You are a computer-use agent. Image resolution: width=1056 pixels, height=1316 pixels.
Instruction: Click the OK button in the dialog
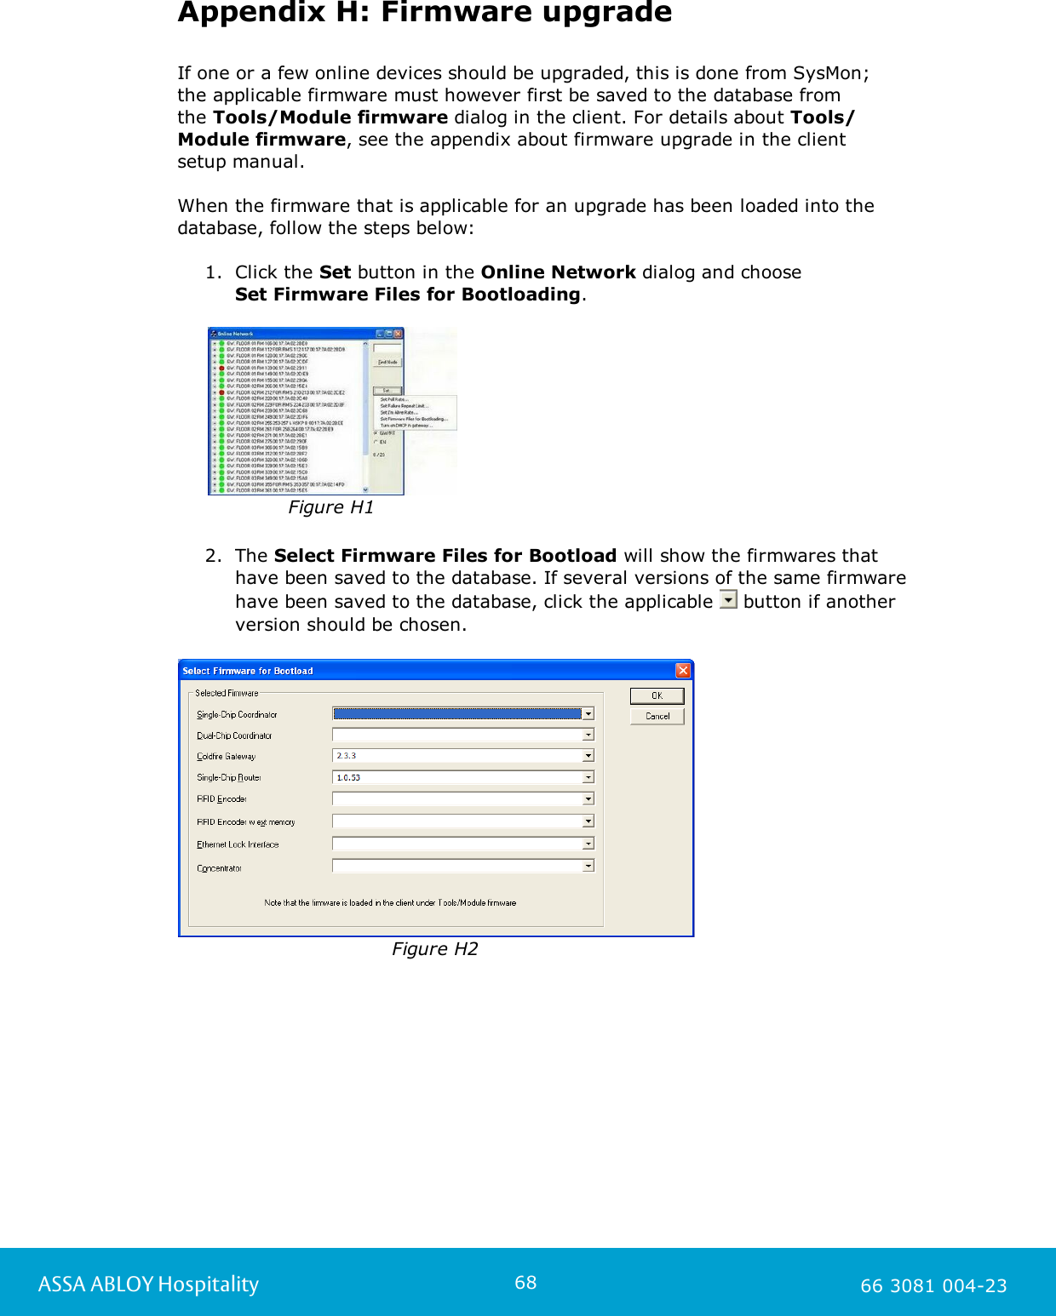point(657,695)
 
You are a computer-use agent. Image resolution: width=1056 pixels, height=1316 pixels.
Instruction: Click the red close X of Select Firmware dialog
point(683,671)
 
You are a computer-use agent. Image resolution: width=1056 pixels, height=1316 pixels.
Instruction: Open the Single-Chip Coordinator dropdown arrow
point(588,714)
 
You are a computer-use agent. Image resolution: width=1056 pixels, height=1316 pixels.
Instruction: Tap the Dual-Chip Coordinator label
point(234,735)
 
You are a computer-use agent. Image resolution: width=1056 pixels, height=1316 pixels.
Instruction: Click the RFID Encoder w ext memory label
point(245,822)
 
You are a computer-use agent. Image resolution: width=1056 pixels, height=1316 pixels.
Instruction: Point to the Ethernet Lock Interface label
point(238,844)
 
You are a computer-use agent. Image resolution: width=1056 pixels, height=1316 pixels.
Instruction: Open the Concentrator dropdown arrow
point(588,866)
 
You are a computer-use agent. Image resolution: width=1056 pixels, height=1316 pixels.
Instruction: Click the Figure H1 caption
point(330,507)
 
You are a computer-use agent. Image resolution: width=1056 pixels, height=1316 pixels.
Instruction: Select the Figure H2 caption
point(434,949)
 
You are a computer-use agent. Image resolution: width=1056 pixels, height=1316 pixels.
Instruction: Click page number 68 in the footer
point(525,1283)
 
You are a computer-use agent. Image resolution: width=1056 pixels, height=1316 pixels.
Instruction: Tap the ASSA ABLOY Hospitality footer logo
point(148,1284)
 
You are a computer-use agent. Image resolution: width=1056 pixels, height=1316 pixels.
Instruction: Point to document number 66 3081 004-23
point(933,1285)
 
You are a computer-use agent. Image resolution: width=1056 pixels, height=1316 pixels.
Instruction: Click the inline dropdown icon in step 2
point(728,600)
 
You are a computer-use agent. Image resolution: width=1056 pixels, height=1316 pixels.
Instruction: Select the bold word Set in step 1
point(335,272)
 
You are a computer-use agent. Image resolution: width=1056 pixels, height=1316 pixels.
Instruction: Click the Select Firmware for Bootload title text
point(248,671)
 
